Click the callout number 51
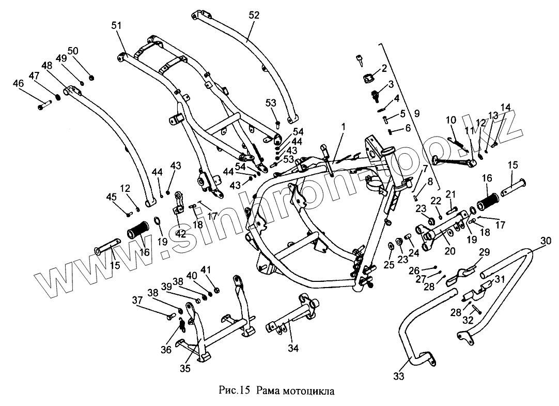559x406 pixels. pyautogui.click(x=116, y=25)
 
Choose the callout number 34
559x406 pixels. pyautogui.click(x=293, y=348)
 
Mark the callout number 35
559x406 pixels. pyautogui.click(x=185, y=368)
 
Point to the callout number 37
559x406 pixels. pyautogui.click(x=137, y=300)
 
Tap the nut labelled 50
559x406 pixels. pyautogui.click(x=91, y=78)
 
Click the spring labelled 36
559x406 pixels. pyautogui.click(x=182, y=326)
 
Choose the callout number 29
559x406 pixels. pyautogui.click(x=484, y=252)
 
